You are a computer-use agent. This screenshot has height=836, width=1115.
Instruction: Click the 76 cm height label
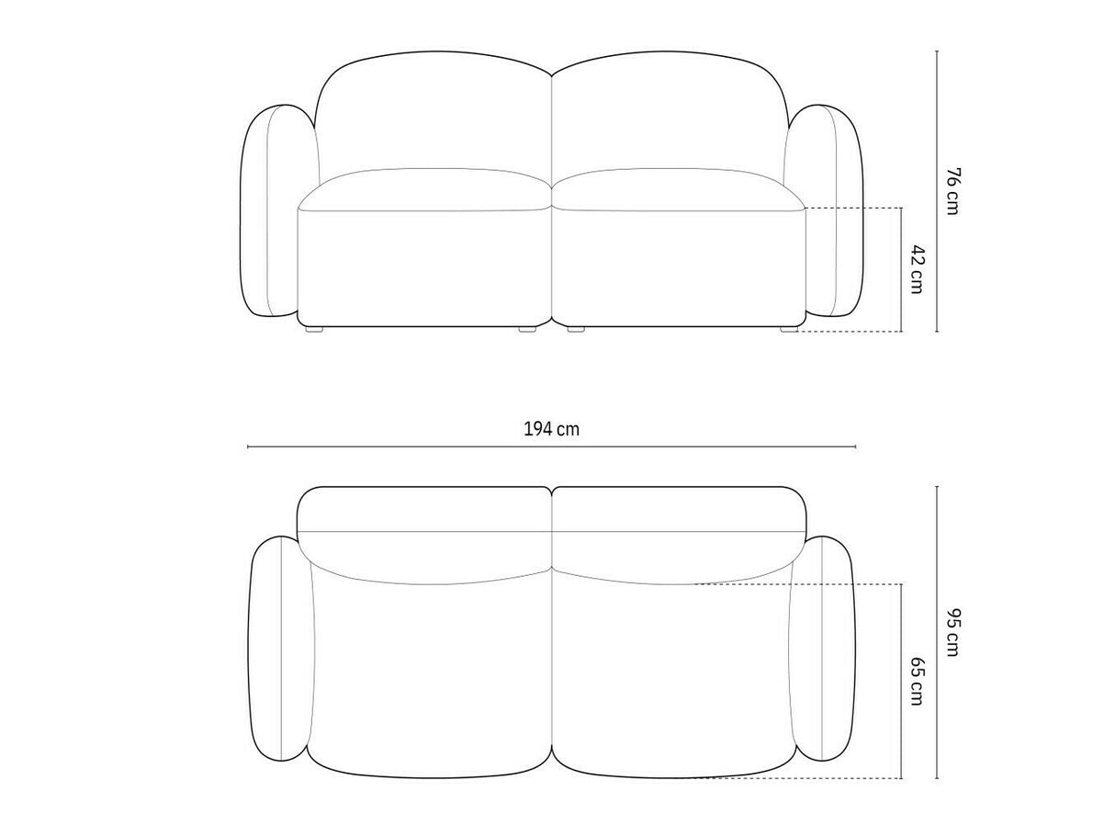click(953, 191)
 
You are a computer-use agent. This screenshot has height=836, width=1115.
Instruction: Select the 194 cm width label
click(551, 430)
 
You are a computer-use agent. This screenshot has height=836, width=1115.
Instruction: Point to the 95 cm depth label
click(953, 632)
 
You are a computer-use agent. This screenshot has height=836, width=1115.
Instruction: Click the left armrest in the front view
click(269, 210)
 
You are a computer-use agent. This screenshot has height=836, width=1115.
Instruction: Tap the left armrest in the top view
click(279, 648)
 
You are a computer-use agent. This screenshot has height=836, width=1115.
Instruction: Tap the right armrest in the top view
click(823, 648)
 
